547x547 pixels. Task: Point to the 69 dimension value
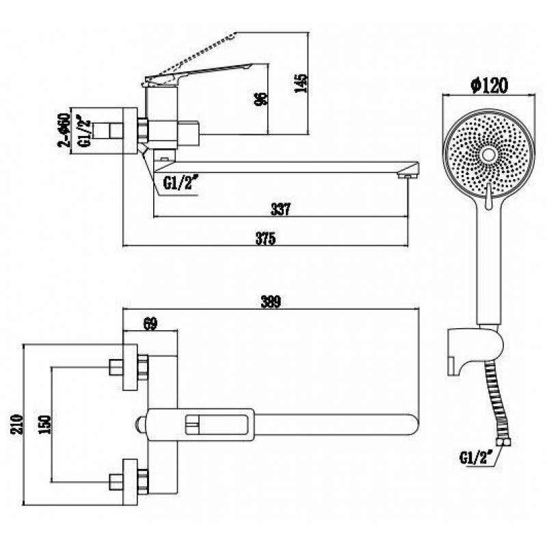click(150, 323)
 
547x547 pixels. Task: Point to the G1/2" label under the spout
click(179, 183)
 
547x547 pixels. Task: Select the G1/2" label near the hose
click(479, 456)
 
